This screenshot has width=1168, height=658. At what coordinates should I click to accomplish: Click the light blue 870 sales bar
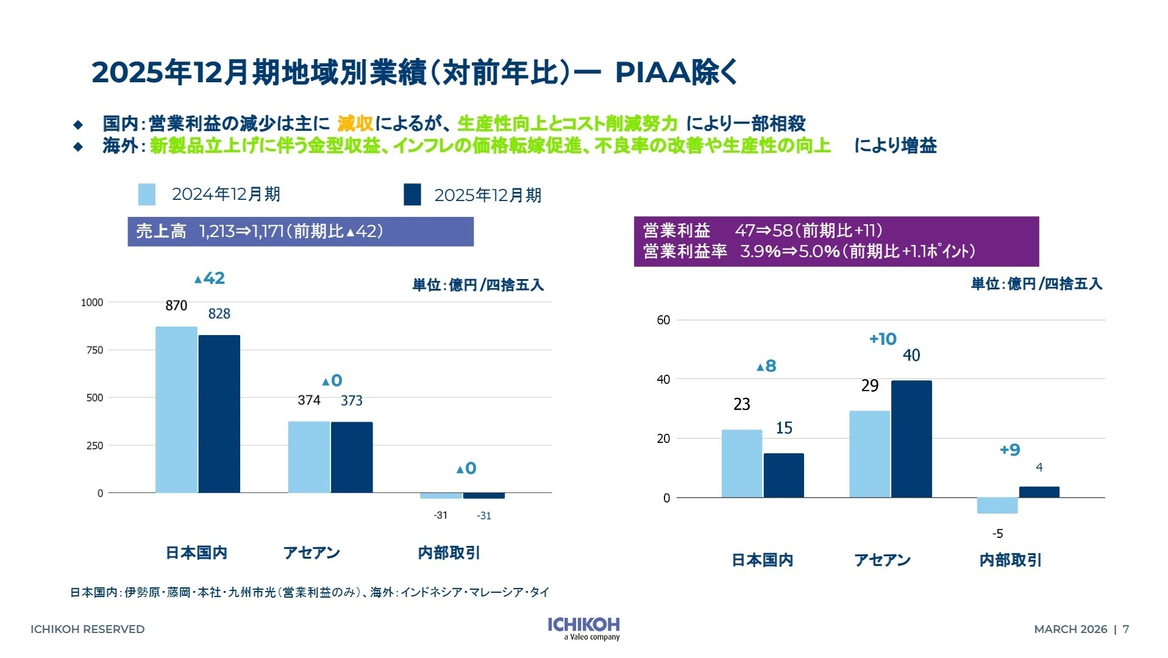coord(176,409)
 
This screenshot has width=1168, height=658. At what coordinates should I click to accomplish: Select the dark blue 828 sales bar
coord(219,414)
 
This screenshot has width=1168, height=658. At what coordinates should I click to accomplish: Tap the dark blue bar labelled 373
coord(352,457)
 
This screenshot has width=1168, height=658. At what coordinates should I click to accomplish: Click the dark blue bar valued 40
coord(911,439)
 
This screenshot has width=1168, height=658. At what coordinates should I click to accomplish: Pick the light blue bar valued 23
coord(741,463)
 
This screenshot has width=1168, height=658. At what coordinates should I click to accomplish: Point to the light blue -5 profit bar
coord(997,506)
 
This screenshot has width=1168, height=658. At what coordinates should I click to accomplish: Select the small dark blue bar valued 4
coord(1039,492)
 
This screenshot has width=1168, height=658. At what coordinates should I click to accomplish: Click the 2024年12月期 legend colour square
coord(146,194)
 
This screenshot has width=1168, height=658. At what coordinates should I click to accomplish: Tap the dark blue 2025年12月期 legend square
coord(412,195)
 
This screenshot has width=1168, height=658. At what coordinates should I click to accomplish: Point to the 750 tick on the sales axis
coord(94,350)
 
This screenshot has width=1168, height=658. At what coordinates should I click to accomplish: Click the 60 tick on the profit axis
coord(663,320)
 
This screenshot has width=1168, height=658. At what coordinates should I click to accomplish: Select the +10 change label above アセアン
coord(883,339)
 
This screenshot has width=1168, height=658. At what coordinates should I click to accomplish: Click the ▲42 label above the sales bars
coord(210,278)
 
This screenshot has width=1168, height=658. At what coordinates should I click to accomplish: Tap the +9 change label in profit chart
coord(1010,450)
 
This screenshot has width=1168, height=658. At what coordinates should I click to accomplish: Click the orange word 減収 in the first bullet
coord(355,124)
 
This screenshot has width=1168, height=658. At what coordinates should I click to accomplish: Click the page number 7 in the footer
coord(1126,629)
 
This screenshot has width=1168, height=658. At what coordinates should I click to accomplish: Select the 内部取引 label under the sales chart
coord(449,553)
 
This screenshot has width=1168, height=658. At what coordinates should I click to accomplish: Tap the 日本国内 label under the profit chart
coord(762,560)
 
